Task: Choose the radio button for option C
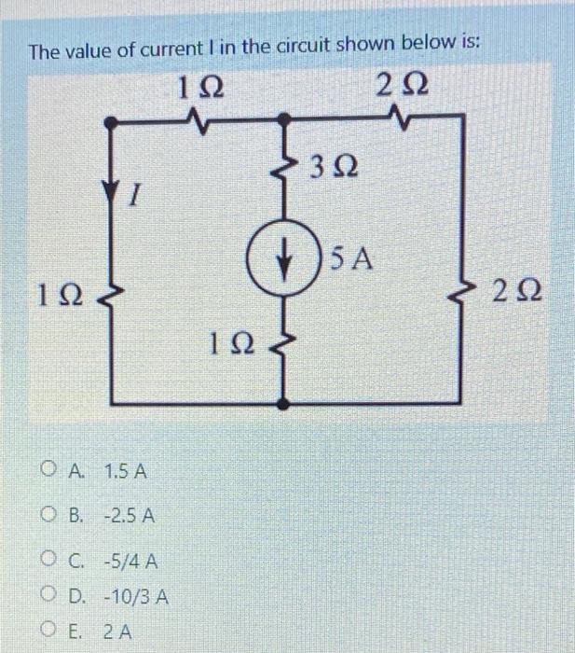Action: point(48,561)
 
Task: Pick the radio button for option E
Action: point(48,631)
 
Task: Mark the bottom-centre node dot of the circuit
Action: point(286,405)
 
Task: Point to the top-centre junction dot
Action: point(286,120)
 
